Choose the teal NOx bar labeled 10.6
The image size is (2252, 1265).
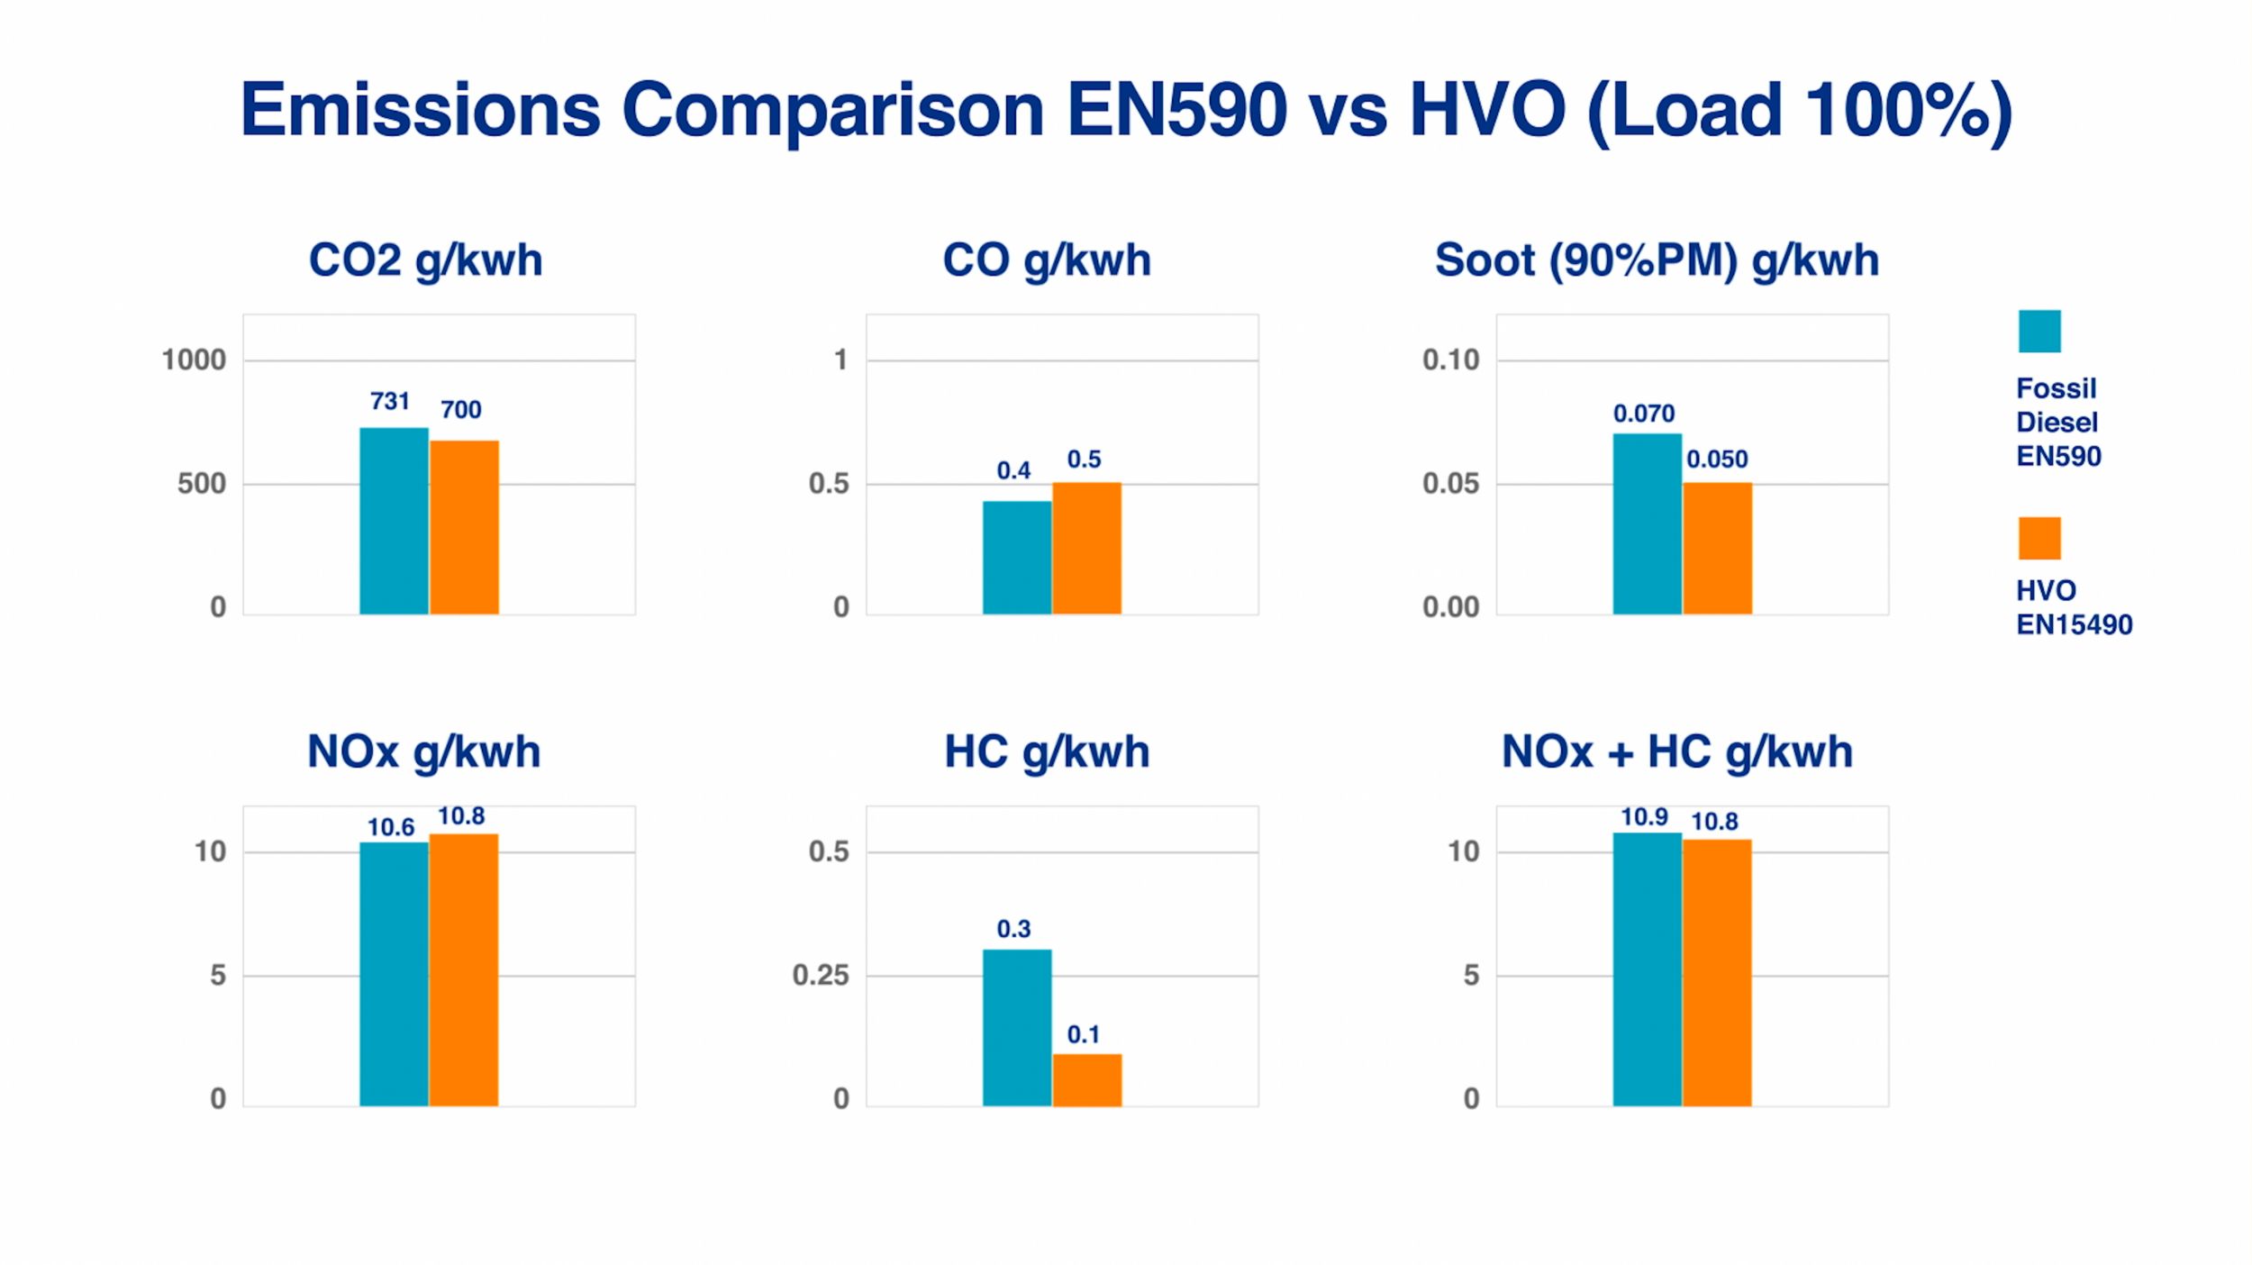(394, 974)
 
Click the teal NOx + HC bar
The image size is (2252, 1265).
(1647, 969)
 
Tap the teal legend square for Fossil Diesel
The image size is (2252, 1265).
(2039, 331)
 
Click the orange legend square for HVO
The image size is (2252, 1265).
(2039, 538)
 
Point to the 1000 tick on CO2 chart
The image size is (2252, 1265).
(194, 360)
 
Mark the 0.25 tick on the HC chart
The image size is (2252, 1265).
(821, 975)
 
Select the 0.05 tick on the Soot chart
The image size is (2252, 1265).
(1450, 484)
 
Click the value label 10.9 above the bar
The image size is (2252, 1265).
(1644, 817)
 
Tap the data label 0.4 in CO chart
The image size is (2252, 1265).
(1013, 470)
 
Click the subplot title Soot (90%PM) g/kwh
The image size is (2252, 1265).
(1657, 260)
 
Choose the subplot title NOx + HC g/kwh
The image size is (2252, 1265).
(1676, 751)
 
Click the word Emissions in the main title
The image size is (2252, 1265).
(420, 110)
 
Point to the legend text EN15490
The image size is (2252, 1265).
(2074, 624)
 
